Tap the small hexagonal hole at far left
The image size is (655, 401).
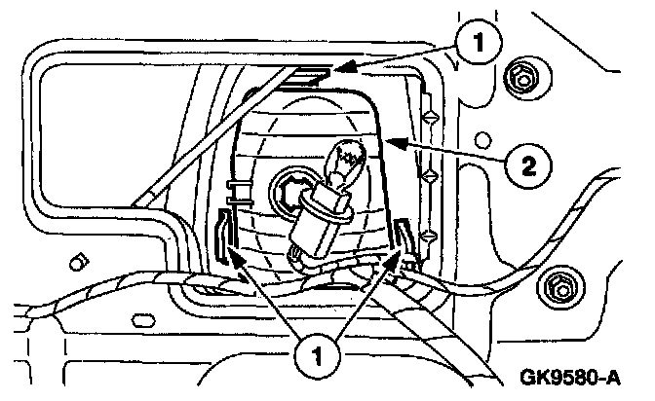(75, 262)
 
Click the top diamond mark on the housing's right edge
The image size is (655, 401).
(428, 114)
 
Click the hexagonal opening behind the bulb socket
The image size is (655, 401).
(289, 188)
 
